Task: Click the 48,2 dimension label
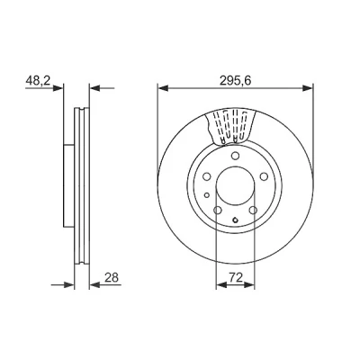[x=39, y=80]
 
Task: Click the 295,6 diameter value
[x=235, y=80]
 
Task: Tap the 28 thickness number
[x=112, y=277]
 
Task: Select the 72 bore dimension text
[x=236, y=277]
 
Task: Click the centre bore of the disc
[x=235, y=186]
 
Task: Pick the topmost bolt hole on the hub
[x=235, y=156]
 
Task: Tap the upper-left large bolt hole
[x=207, y=176]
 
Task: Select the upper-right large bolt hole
[x=264, y=176]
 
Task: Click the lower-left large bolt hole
[x=218, y=211]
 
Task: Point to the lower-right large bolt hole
[x=253, y=211]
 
